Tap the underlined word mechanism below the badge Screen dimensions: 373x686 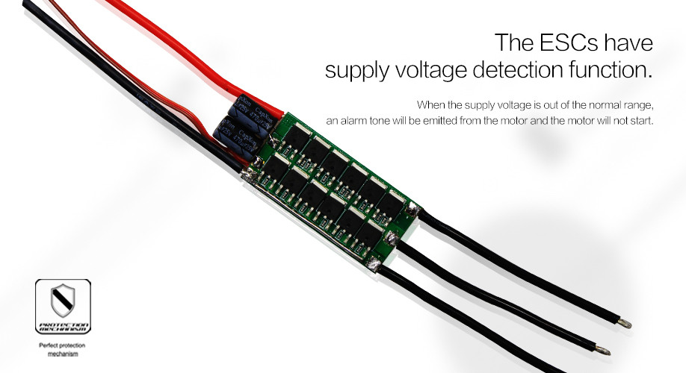point(63,355)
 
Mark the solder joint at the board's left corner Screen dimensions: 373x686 point(246,175)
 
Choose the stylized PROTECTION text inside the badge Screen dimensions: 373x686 point(63,325)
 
